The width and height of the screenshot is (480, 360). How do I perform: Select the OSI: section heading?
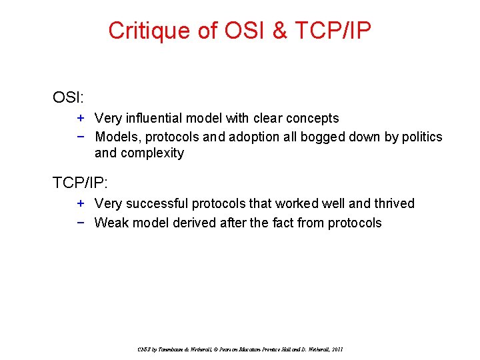click(x=69, y=97)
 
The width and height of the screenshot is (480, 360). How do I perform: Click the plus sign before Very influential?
click(x=80, y=118)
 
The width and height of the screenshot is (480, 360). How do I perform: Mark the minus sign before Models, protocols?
click(x=80, y=137)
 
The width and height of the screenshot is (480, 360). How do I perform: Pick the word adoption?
click(x=254, y=137)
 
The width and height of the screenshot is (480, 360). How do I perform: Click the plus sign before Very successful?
click(x=80, y=203)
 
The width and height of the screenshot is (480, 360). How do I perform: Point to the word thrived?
click(x=393, y=203)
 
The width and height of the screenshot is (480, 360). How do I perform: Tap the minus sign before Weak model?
click(x=80, y=222)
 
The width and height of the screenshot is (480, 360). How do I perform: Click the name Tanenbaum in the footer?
click(x=166, y=349)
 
